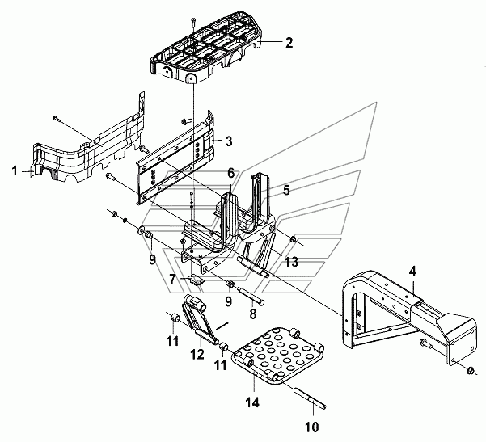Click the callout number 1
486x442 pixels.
[x=15, y=171]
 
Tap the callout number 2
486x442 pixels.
[x=289, y=43]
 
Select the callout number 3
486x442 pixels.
[x=228, y=141]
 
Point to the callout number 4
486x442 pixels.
[x=412, y=272]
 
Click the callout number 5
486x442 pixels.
[x=286, y=191]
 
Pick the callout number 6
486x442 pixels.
[x=231, y=174]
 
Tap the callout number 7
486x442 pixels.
[x=172, y=280]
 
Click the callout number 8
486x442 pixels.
[x=253, y=314]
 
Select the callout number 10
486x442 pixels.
[x=312, y=427]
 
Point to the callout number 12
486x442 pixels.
[x=197, y=354]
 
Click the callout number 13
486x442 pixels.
[x=291, y=262]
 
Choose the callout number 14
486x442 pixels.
[x=252, y=402]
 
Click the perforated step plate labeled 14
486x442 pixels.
[x=278, y=355]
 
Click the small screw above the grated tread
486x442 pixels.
[x=192, y=21]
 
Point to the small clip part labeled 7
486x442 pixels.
[x=195, y=280]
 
